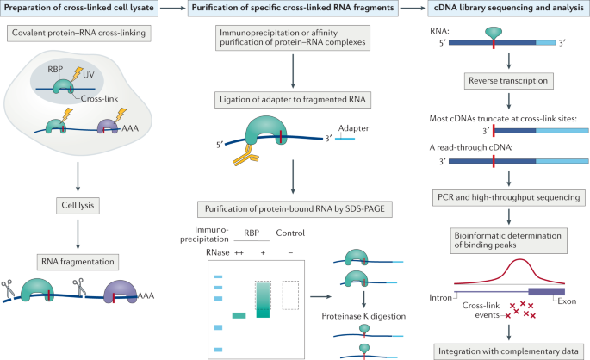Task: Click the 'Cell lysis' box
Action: point(78,205)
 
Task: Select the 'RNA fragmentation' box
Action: point(78,262)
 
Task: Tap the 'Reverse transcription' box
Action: point(508,81)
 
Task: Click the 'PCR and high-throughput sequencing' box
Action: point(509,197)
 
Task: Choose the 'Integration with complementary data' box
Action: point(508,351)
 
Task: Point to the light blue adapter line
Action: point(345,140)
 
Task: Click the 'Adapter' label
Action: point(353,128)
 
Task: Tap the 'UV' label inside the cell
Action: point(89,74)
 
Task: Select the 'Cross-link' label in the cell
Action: point(99,99)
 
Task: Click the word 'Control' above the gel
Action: point(290,233)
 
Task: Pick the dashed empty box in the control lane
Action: point(290,295)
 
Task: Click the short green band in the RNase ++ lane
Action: point(239,315)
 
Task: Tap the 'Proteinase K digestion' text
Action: point(363,316)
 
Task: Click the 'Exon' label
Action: point(567,301)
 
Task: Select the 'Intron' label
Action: point(441,297)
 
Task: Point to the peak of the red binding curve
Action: point(520,259)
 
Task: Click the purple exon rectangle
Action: point(547,292)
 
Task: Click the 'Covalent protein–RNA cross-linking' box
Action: point(78,33)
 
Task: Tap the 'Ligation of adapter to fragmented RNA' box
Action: point(293,100)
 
